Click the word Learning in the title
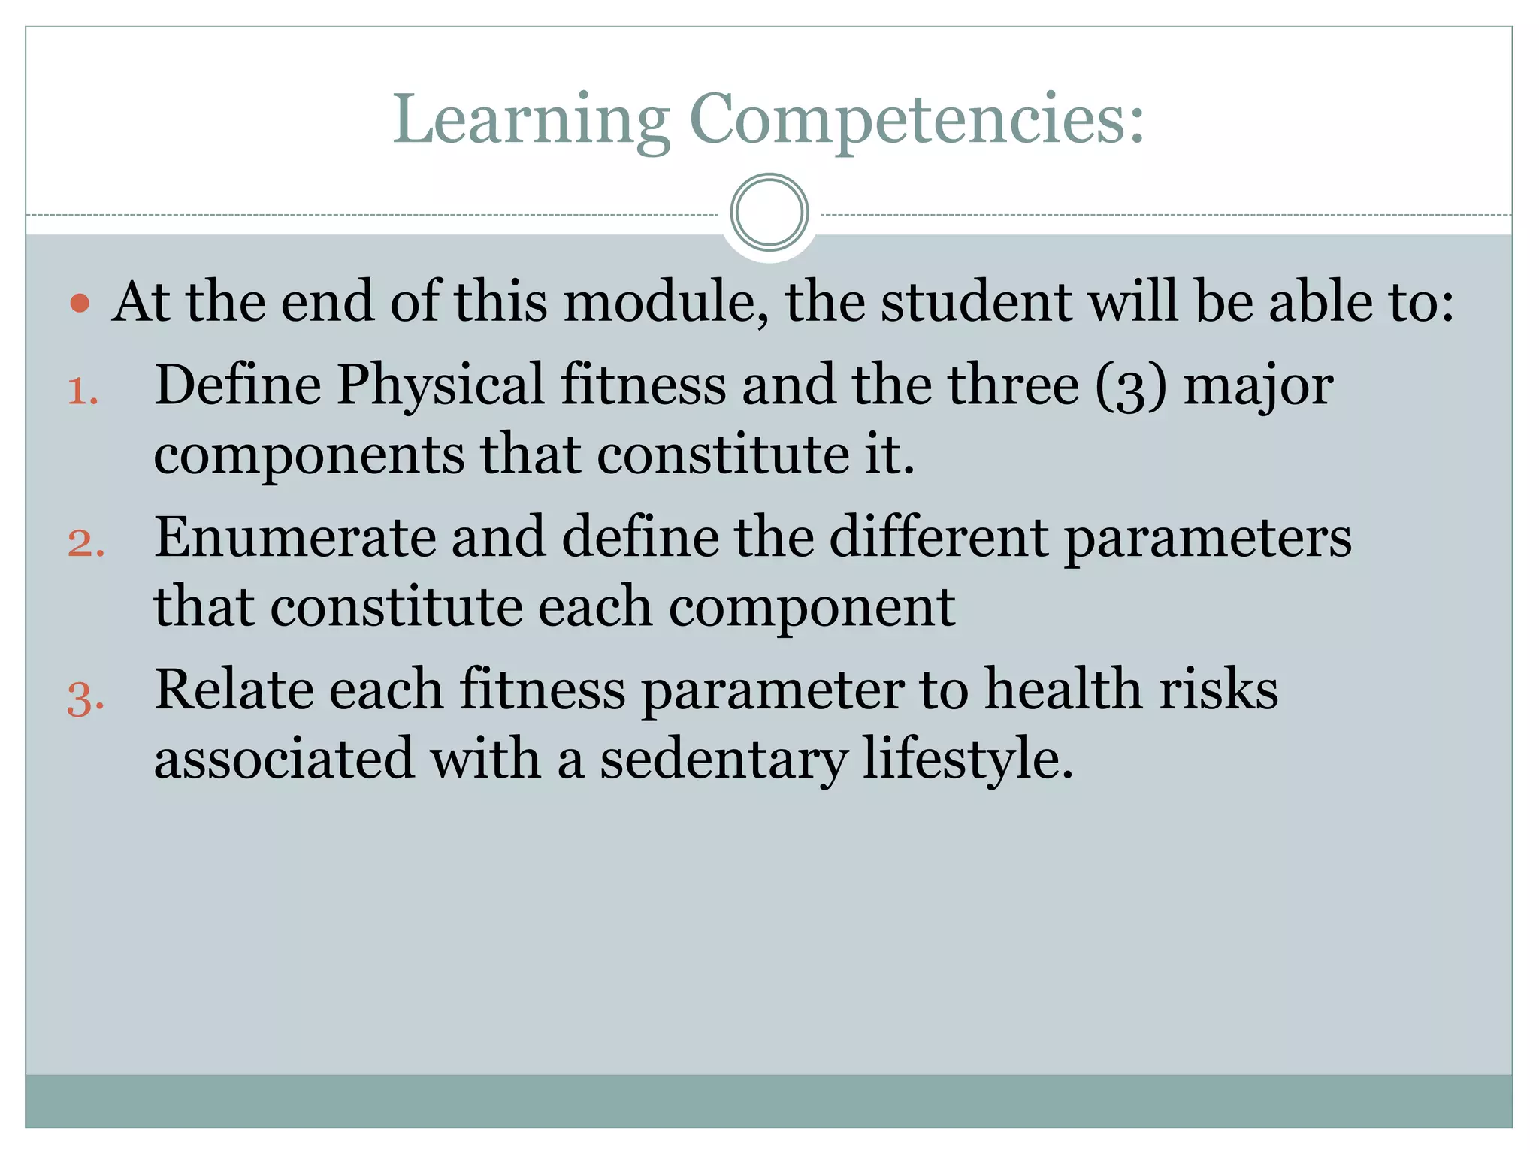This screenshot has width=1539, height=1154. pyautogui.click(x=531, y=120)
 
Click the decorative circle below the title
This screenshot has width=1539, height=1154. pyautogui.click(x=769, y=213)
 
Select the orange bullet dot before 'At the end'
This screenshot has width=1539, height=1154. pyautogui.click(x=80, y=304)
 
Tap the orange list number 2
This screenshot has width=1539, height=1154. pyautogui.click(x=85, y=543)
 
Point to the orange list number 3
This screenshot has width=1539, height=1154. pyautogui.click(x=85, y=698)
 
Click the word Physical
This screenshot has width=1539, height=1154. pyautogui.click(x=440, y=385)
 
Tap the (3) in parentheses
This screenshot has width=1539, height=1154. pyautogui.click(x=1131, y=387)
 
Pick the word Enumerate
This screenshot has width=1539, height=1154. pyautogui.click(x=295, y=538)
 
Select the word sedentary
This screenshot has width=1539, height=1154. pyautogui.click(x=723, y=759)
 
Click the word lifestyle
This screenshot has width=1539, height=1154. pyautogui.click(x=968, y=759)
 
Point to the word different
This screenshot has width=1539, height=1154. pyautogui.click(x=939, y=538)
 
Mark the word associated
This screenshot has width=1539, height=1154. pyautogui.click(x=283, y=759)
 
